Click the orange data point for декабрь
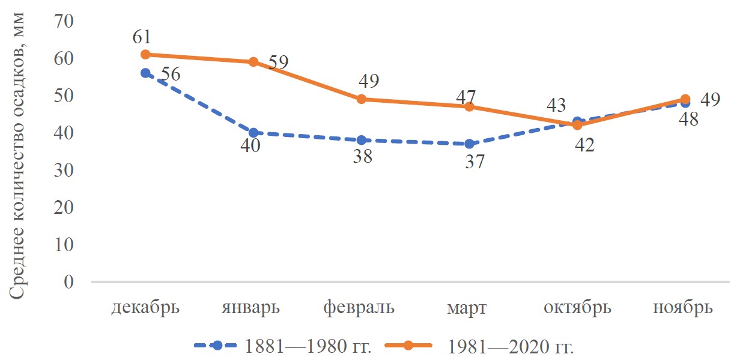tap(145, 55)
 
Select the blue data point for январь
tap(253, 133)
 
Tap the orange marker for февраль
tap(361, 99)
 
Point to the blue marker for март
tap(469, 144)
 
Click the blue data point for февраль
tap(361, 141)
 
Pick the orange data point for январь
tap(253, 62)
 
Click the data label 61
tap(142, 37)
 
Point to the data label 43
tap(556, 106)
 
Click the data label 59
tap(278, 62)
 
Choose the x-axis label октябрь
tap(577, 308)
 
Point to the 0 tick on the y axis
tap(67, 282)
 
